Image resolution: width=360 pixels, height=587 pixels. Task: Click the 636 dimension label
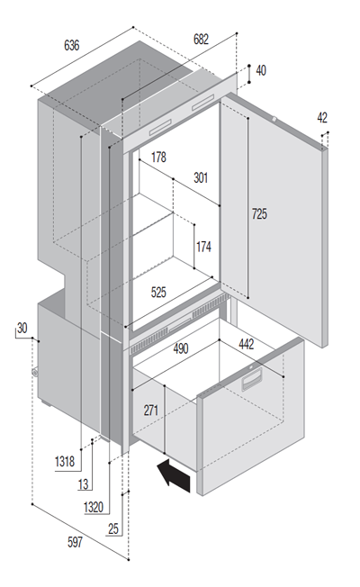point(72,45)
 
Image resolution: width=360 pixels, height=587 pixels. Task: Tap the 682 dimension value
point(201,39)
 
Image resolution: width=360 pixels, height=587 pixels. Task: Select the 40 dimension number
point(261,70)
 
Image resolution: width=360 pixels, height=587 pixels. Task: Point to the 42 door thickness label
point(322,118)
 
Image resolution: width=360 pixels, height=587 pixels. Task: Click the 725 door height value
point(259,213)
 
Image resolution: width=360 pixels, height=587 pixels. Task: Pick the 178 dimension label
point(158,158)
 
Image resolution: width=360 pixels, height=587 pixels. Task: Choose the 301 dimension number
point(201,177)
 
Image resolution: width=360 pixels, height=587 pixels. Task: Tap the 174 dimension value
point(203,247)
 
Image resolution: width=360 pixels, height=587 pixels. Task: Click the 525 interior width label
point(158,292)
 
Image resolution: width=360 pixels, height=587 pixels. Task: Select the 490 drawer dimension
point(181,348)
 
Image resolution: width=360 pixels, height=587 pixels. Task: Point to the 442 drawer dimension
point(247,344)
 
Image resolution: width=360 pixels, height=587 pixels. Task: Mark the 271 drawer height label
point(151,411)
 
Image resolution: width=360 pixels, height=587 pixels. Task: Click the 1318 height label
point(65,461)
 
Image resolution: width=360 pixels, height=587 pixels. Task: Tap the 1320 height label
point(94,507)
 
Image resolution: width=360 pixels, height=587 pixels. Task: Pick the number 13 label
point(83,484)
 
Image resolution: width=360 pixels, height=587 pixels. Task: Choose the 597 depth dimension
point(75,542)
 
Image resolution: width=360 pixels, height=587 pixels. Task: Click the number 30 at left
point(22,328)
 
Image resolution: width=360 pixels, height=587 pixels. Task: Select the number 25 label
point(113,528)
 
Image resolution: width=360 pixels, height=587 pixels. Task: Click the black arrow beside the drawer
point(175,475)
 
